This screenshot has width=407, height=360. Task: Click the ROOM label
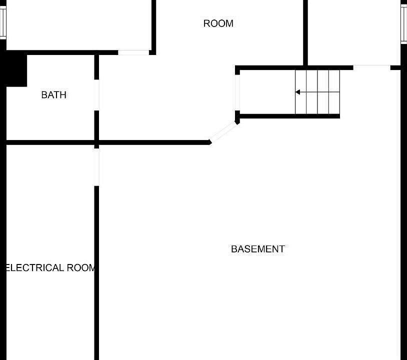[x=218, y=23]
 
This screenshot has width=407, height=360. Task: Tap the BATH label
[x=53, y=95]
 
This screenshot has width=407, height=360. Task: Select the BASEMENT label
[x=258, y=249]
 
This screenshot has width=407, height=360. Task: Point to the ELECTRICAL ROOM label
[x=50, y=268]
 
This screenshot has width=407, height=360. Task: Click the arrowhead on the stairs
[x=297, y=92]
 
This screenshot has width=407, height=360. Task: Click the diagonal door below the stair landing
[x=223, y=132]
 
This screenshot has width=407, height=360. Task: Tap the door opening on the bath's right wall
[x=96, y=95]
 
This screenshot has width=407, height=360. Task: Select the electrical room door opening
[x=96, y=167]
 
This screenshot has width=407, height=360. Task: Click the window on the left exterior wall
[x=3, y=22]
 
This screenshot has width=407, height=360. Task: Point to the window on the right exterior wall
[x=404, y=24]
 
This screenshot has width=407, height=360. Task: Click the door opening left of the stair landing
[x=237, y=92]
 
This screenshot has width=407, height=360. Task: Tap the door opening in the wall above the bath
[x=133, y=52]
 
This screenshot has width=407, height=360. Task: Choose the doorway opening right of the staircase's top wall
[x=371, y=67]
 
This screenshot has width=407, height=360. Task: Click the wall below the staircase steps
[x=289, y=116]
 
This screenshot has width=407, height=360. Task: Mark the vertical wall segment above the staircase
[x=305, y=33]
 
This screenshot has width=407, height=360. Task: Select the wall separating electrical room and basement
[x=96, y=273]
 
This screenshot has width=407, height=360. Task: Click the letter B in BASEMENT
[x=233, y=249]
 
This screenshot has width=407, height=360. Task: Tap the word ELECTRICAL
[x=34, y=268]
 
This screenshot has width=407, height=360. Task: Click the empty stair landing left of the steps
[x=267, y=92]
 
